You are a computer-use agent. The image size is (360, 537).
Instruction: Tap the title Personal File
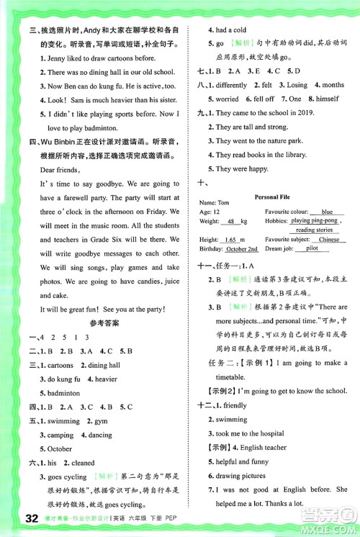click(271, 195)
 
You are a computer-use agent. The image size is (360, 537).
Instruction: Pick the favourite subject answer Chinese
click(328, 240)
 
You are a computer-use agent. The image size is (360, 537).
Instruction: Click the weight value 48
click(232, 222)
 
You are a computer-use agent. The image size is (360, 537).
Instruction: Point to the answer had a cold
click(231, 30)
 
